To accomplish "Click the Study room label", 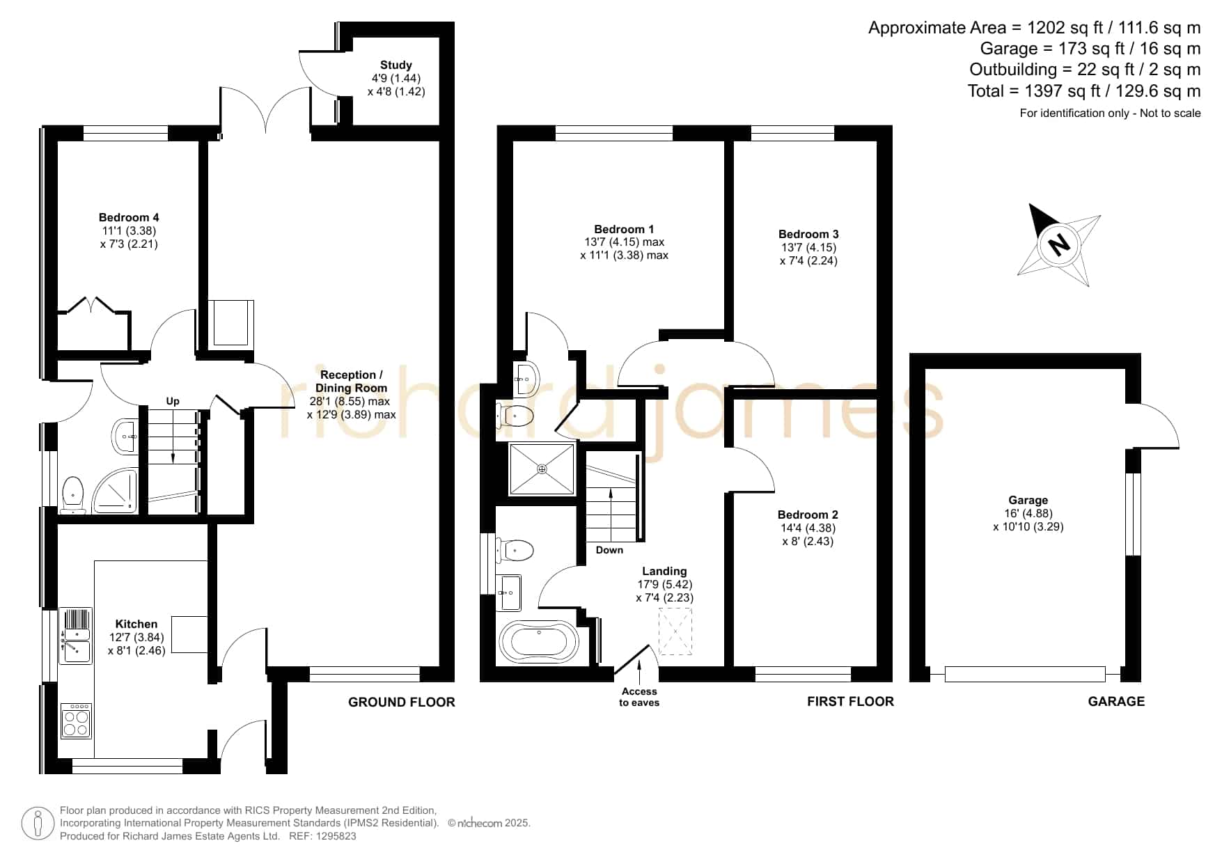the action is point(396,65).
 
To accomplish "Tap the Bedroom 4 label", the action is point(129,217).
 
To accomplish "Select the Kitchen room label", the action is point(136,624).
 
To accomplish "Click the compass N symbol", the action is point(1058,244).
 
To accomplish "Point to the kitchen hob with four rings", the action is point(76,721).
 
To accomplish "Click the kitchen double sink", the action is point(76,636).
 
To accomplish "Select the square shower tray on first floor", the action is point(542,469).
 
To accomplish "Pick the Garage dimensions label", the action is point(1028,520).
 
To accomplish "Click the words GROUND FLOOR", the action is point(402,702).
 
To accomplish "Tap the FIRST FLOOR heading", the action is point(850,702).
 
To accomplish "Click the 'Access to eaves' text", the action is point(639,697).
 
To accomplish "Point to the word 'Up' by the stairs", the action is point(173,401).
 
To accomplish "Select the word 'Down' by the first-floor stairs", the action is point(609,550).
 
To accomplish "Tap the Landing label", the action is point(664,571).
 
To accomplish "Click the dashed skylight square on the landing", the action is point(675,631).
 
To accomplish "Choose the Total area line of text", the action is point(1084,91).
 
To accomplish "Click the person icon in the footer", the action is point(38,824).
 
